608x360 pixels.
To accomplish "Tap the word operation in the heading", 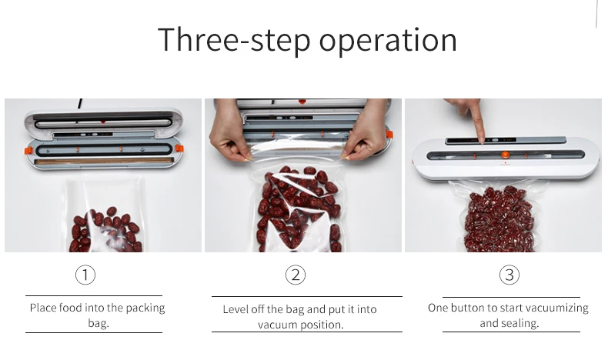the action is coord(388,40).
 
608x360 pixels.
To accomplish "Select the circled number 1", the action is coord(85,275).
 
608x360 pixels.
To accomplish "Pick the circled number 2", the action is coord(296,275).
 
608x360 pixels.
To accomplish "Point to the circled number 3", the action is coord(509,275).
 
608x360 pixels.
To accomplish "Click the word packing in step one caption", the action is coord(145,308).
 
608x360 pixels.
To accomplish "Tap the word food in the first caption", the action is coord(71,308).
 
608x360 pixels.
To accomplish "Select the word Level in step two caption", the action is coord(235,309).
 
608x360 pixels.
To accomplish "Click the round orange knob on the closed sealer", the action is coord(505,155).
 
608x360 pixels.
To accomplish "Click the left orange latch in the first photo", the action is coord(28,150).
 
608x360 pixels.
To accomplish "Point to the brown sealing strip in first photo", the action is coord(104,162).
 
